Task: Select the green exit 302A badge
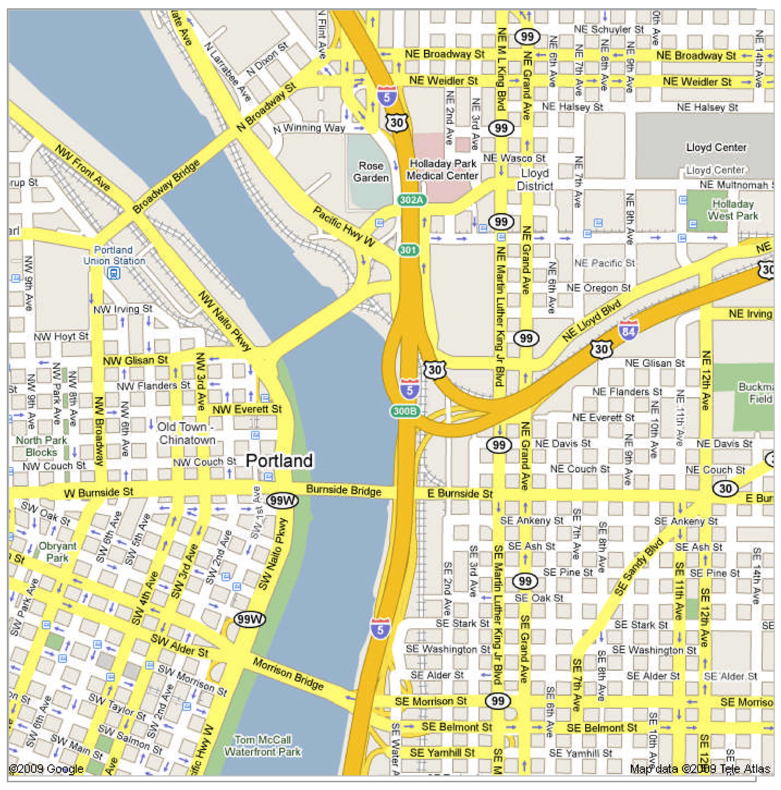coord(411,200)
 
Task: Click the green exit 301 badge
coord(408,250)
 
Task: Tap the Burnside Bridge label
coord(344,490)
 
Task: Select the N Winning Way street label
coord(309,128)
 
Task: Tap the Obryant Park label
coord(57,552)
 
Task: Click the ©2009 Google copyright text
coord(46,769)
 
